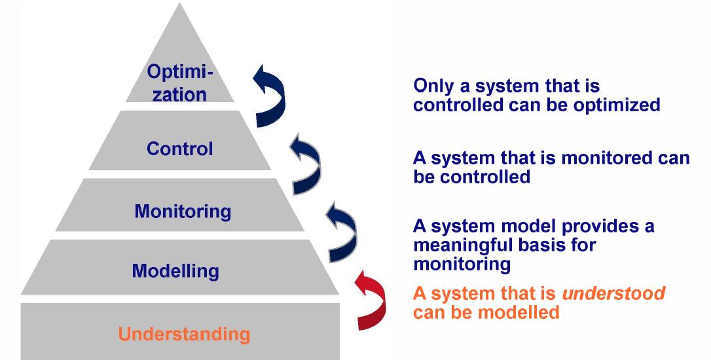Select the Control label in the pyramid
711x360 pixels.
click(x=179, y=149)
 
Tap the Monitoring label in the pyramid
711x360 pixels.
click(x=183, y=211)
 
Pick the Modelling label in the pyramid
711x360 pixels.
click(x=175, y=270)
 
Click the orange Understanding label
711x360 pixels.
click(x=184, y=334)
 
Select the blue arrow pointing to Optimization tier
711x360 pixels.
click(x=270, y=95)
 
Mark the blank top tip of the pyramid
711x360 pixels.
click(x=179, y=29)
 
